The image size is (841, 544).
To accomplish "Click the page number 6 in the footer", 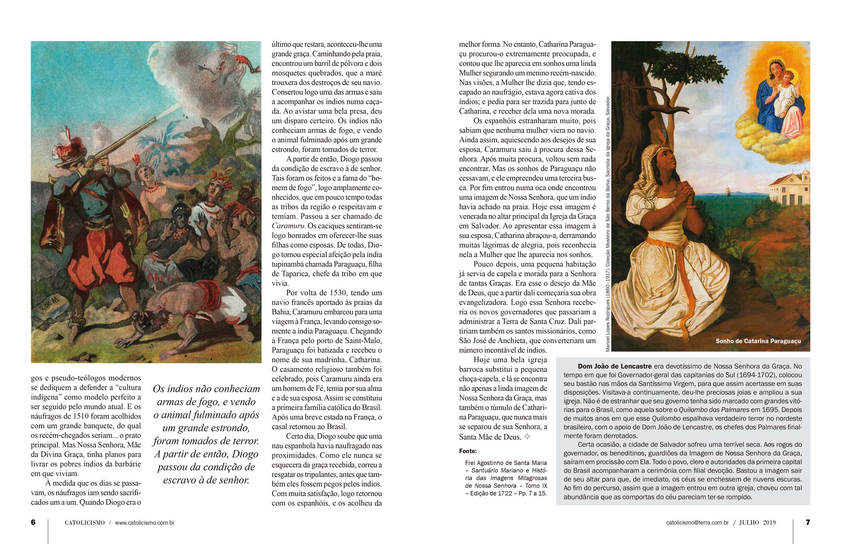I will click(x=33, y=522).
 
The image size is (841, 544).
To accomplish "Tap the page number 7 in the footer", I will click(x=808, y=522).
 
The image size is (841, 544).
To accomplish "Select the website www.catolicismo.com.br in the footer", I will click(x=145, y=523).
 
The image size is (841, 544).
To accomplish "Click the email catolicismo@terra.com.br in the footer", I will click(x=697, y=523).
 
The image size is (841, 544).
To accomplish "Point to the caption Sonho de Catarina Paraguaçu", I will click(x=758, y=341).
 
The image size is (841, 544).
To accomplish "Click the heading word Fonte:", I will click(x=468, y=451).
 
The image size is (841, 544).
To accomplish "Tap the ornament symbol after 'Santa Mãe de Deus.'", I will click(x=527, y=437).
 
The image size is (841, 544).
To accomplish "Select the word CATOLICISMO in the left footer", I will click(x=85, y=523).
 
